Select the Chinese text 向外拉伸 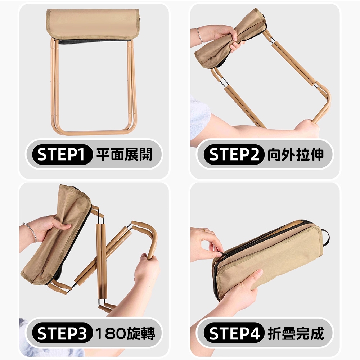click(296, 154)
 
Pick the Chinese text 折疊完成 click(296, 333)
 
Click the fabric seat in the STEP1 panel click(93, 24)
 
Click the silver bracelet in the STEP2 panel click(199, 35)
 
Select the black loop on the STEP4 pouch click(325, 236)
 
